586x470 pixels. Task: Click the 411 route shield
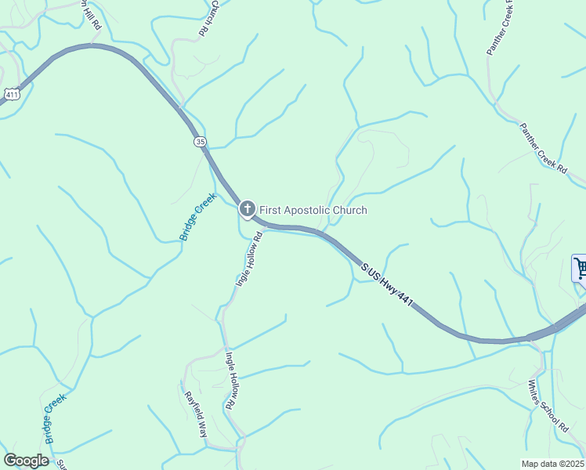tap(11, 94)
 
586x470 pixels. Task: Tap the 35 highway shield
tap(201, 141)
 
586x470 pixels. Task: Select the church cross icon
tap(247, 209)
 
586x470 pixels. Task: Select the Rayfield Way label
tap(196, 414)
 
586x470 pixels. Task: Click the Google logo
tap(26, 461)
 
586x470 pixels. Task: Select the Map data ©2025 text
tap(552, 464)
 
